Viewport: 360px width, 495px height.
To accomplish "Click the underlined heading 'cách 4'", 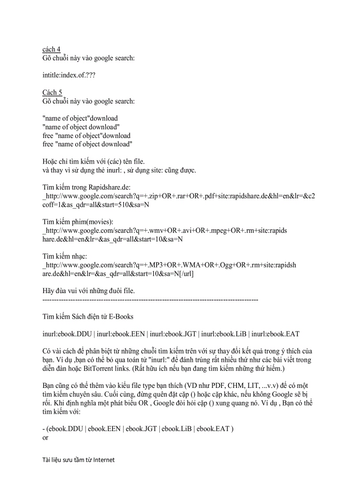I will [51, 49].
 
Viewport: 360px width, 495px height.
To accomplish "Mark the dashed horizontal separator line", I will [150, 300].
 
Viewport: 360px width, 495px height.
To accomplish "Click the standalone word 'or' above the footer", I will [45, 438].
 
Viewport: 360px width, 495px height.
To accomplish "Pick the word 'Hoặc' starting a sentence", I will [51, 161].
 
